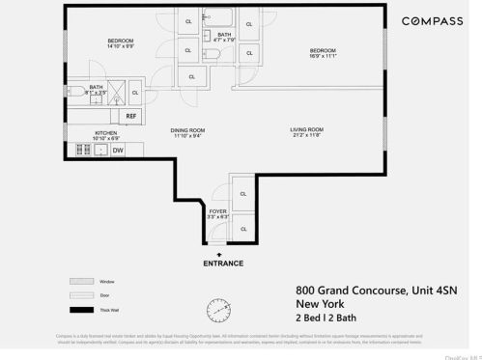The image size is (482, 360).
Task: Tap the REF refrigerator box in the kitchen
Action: tap(131, 115)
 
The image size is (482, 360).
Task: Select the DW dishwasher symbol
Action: tap(118, 150)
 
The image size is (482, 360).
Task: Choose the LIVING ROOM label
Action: tap(306, 129)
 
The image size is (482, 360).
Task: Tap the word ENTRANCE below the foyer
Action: tap(223, 263)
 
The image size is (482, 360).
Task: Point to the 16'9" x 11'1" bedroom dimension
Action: tap(323, 56)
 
